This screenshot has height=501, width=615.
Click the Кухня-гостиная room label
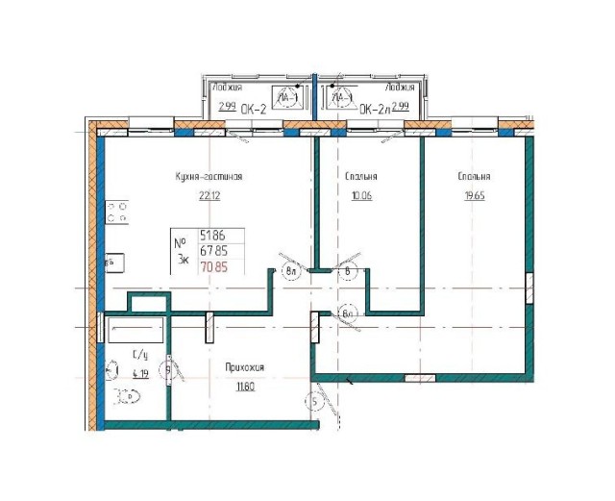[x=208, y=177]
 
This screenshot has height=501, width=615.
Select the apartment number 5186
[x=213, y=234]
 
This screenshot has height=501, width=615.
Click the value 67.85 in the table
[x=213, y=250]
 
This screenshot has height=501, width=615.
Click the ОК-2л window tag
[x=373, y=110]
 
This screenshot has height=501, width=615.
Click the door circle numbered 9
[x=168, y=367]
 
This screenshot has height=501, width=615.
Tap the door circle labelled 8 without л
[x=348, y=271]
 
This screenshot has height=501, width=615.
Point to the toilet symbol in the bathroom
[x=126, y=394]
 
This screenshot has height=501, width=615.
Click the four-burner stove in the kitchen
[x=118, y=212]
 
